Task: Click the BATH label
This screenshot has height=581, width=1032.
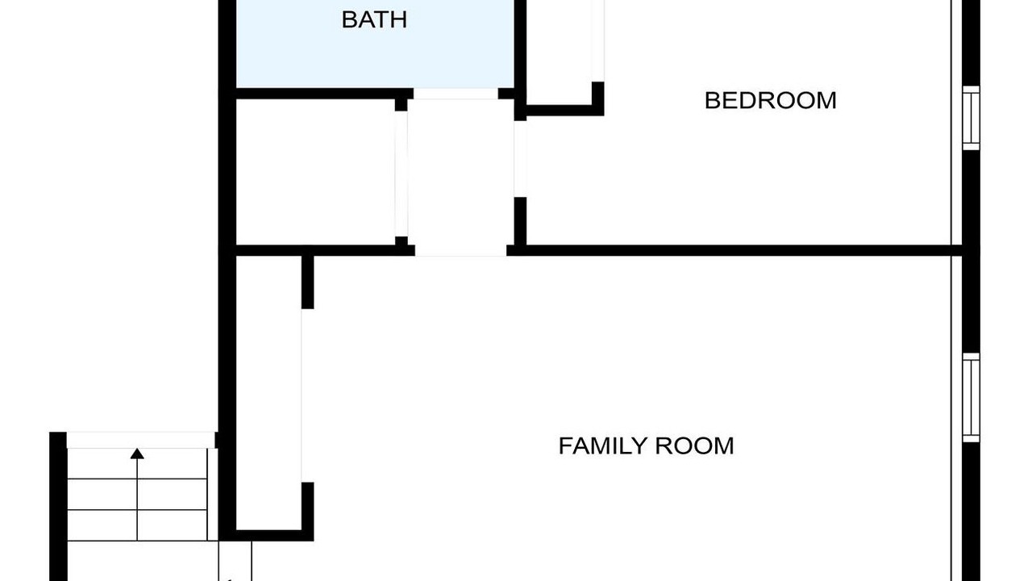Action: (x=374, y=20)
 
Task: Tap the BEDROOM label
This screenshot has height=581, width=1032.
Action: (x=770, y=101)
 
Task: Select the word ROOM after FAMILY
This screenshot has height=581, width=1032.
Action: (x=694, y=446)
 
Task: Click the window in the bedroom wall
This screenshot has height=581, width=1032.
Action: (x=971, y=118)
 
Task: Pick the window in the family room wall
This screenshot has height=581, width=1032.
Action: (x=971, y=398)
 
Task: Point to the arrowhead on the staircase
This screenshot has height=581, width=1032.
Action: (x=137, y=454)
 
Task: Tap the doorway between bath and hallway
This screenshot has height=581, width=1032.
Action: (x=456, y=94)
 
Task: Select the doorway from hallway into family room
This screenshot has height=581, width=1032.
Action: (x=460, y=250)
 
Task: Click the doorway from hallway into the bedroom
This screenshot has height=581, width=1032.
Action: (x=520, y=159)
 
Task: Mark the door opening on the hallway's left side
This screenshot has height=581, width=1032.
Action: (x=402, y=173)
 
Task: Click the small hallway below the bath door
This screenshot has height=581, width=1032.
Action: (x=460, y=172)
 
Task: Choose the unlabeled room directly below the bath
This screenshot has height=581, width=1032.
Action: (x=315, y=172)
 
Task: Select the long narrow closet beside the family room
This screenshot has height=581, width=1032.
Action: (x=268, y=393)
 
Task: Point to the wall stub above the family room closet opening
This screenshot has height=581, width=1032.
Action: (x=307, y=282)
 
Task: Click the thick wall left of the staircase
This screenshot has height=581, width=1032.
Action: (x=58, y=506)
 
